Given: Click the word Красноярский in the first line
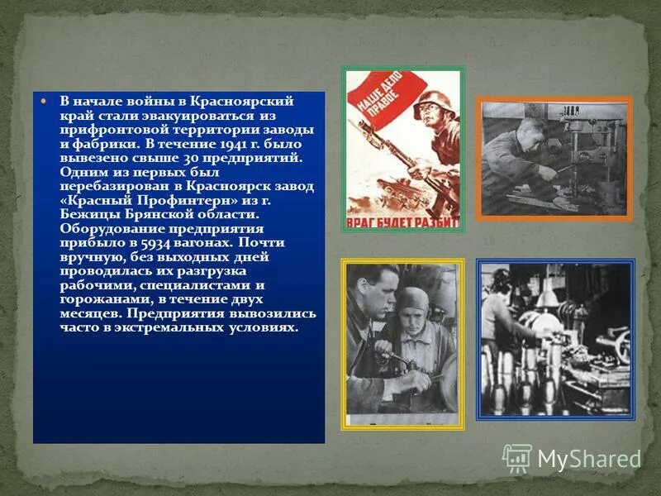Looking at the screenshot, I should (249, 101).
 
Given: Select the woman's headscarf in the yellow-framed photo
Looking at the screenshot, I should (411, 301).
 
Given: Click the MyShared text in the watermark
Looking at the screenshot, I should (589, 459).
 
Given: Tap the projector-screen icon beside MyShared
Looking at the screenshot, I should (517, 458).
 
